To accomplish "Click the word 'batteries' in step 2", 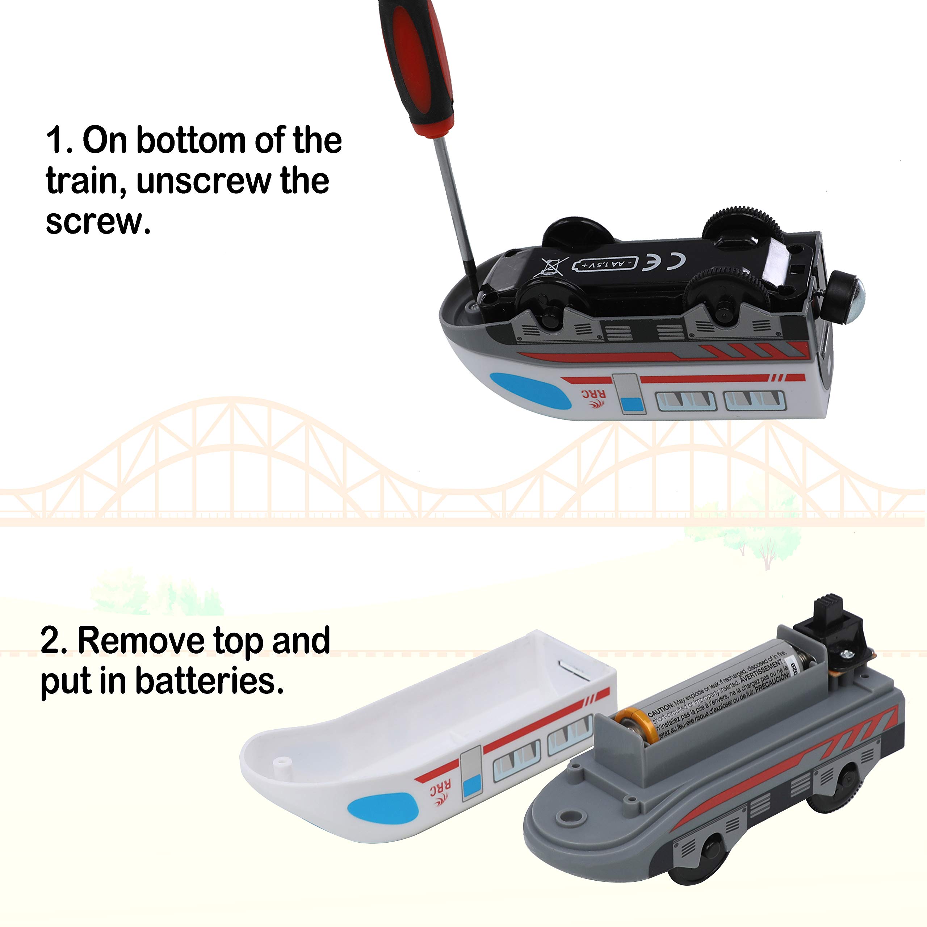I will [207, 681].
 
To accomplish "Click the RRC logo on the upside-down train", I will [593, 398].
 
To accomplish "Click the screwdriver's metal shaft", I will [456, 211].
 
